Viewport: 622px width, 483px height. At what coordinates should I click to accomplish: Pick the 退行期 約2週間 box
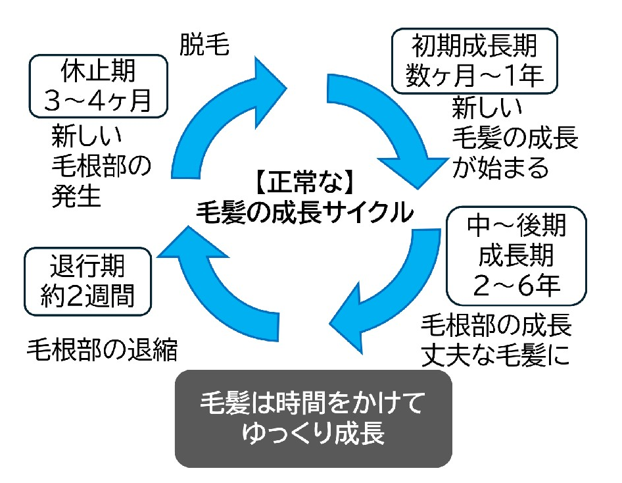pos(87,281)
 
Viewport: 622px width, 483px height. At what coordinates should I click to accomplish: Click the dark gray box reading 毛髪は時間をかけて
pos(313,418)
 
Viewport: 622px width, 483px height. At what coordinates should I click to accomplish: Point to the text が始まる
pos(500,168)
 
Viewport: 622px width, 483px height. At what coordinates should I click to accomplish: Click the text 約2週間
pos(87,295)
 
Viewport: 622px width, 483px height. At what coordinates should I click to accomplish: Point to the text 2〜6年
pos(515,284)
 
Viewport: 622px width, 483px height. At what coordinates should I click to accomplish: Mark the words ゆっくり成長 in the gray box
pos(312,434)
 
